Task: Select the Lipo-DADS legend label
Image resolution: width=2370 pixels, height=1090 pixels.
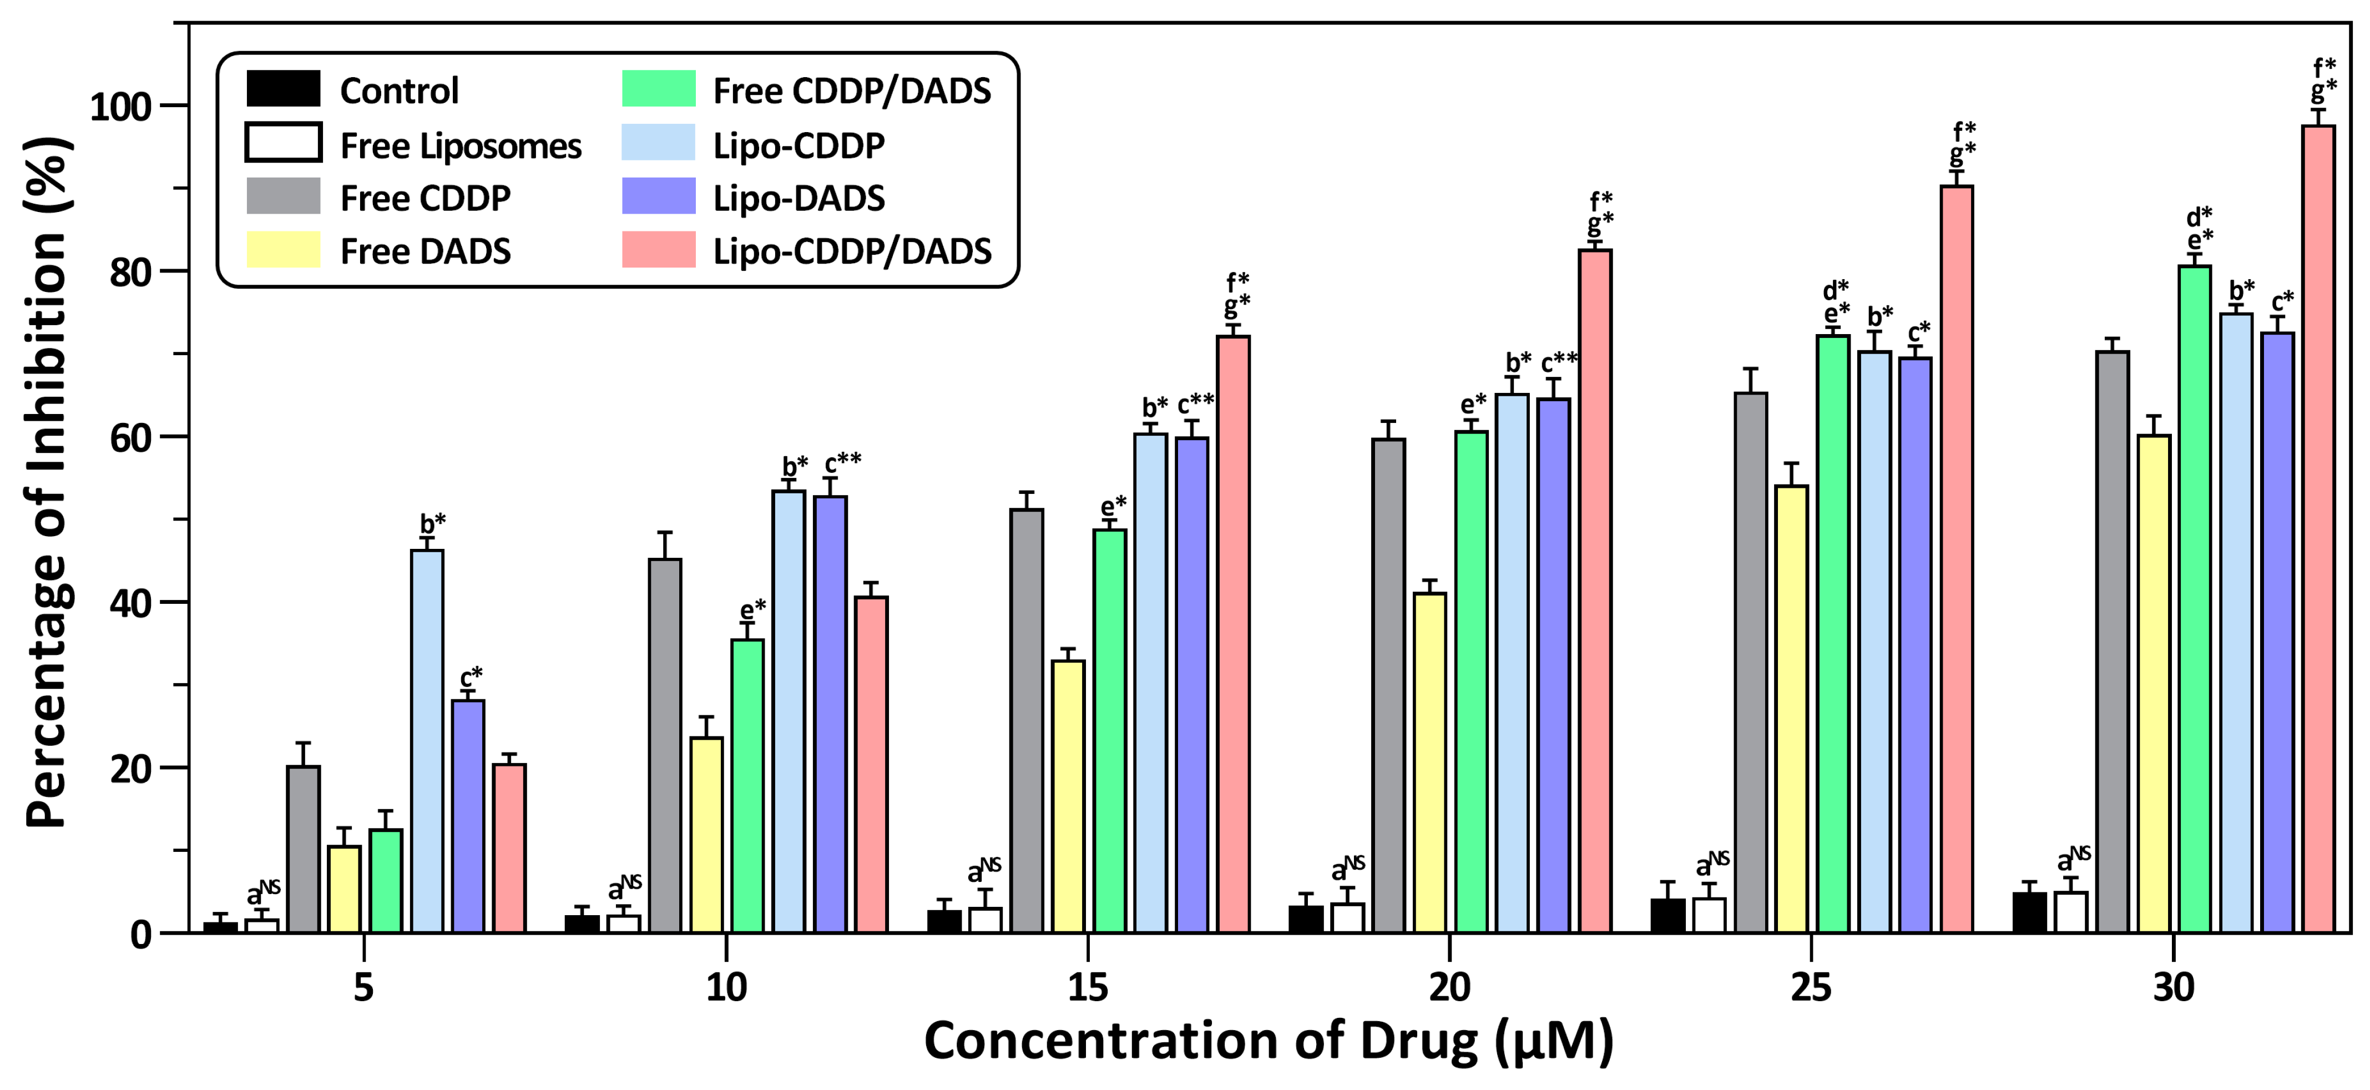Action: point(799,198)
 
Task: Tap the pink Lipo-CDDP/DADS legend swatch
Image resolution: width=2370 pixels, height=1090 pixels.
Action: point(659,250)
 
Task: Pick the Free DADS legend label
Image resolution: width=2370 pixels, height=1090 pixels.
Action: point(425,251)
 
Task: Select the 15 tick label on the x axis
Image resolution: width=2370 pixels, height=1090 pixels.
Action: point(1088,987)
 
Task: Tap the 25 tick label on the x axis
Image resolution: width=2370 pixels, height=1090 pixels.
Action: point(1811,987)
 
